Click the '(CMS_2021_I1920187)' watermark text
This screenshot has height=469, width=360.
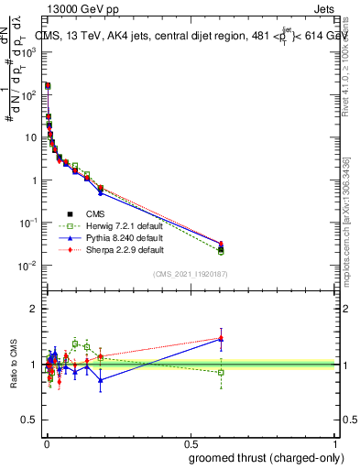(x=191, y=274)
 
